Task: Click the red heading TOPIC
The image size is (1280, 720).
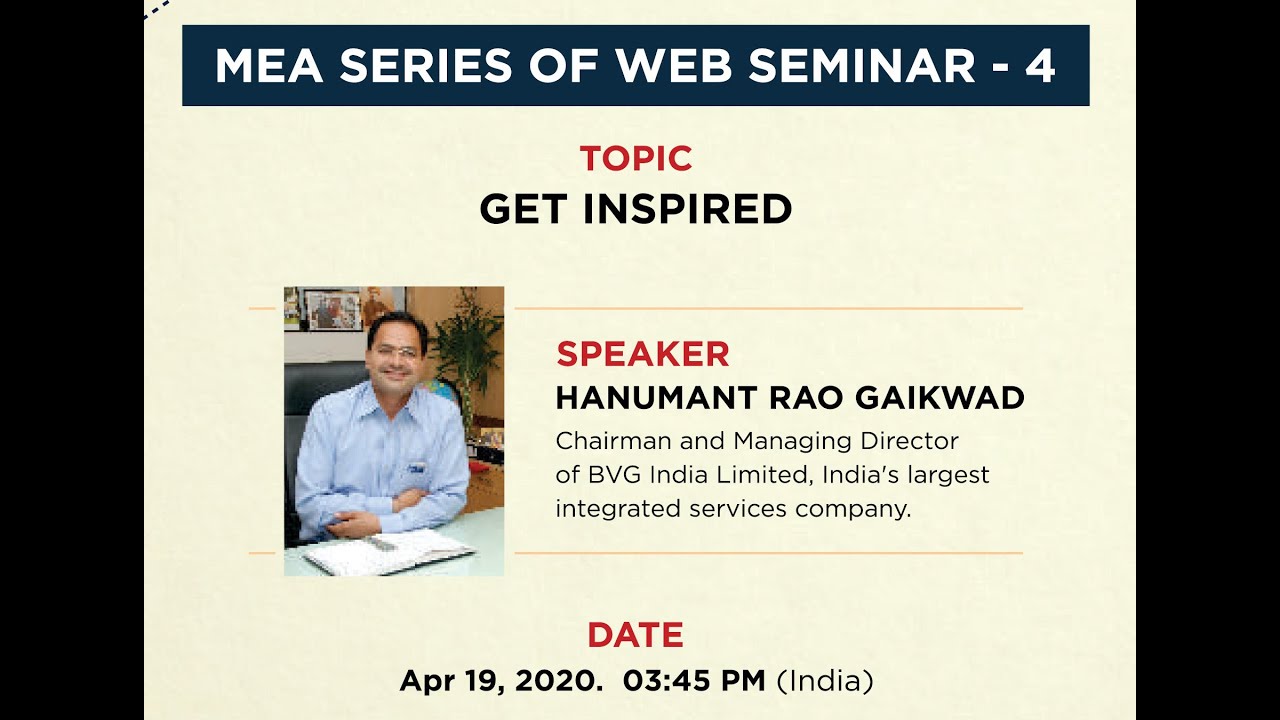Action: click(636, 159)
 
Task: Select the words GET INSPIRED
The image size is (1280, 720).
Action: click(636, 209)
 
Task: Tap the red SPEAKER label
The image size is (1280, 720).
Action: click(642, 354)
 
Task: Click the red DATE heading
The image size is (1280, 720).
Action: click(635, 635)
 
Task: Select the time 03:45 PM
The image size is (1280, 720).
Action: click(694, 681)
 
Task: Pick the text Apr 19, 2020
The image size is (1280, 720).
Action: click(501, 681)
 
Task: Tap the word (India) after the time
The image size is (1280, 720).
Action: click(825, 681)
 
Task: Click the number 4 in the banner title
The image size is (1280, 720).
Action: click(1040, 66)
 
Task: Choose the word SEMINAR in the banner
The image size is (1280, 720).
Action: click(861, 66)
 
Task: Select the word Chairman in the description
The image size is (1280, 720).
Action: click(603, 441)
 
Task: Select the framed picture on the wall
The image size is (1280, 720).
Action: click(331, 309)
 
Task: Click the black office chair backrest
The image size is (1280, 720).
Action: click(306, 400)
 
